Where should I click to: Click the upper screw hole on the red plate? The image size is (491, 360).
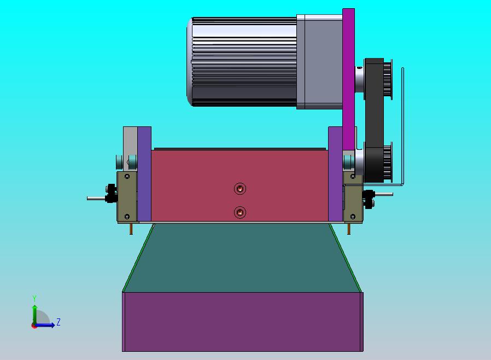coord(240,189)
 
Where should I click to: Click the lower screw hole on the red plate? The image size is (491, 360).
coord(240,212)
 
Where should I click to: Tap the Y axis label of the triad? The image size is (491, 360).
coord(34,298)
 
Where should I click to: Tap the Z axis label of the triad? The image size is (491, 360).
coord(59,322)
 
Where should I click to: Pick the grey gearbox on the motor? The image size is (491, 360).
coord(319,62)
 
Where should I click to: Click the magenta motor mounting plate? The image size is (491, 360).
coord(348,78)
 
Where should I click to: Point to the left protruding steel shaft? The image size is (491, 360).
coord(96,199)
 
